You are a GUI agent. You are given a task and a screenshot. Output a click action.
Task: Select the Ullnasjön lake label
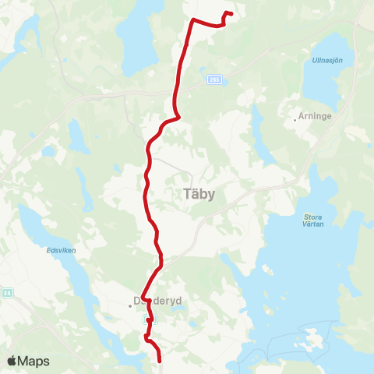click(327, 60)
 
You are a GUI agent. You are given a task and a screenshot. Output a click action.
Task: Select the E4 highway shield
click(6, 293)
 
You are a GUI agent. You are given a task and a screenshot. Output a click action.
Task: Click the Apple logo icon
click(12, 361)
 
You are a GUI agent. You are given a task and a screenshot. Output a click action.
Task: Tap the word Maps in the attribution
click(34, 361)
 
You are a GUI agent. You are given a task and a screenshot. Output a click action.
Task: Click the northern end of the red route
click(231, 13)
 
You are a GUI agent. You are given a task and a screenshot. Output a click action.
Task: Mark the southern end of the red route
click(160, 361)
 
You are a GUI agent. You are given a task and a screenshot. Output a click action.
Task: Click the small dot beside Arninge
click(295, 119)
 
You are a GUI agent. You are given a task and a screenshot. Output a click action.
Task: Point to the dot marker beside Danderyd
click(131, 306)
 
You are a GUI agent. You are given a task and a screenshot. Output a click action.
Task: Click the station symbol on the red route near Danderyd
click(153, 319)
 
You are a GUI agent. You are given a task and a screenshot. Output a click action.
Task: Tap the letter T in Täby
click(186, 195)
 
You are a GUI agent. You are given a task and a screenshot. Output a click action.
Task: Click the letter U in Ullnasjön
click(314, 60)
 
